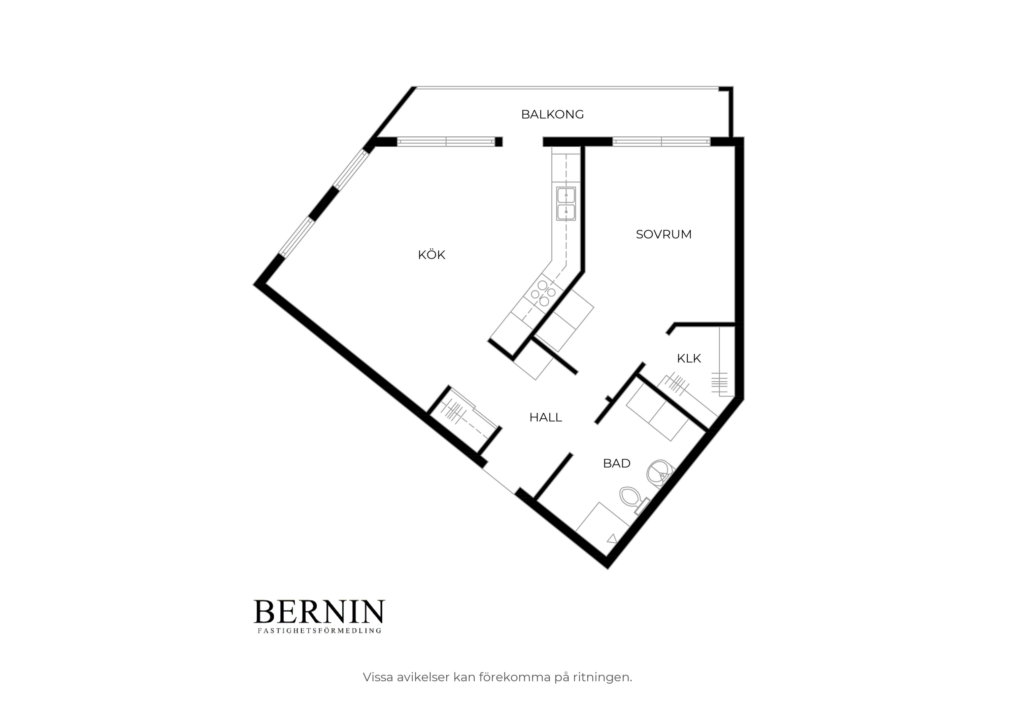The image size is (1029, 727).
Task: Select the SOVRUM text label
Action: point(663,234)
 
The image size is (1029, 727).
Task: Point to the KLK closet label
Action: point(689,358)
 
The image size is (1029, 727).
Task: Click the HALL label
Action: point(545,417)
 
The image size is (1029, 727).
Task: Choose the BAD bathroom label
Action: point(617,463)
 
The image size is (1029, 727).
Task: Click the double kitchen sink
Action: point(566,204)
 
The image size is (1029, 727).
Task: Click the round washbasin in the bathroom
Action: point(660,473)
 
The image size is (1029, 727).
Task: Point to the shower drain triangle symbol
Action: point(612,539)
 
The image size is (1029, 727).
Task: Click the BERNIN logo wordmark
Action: point(319,612)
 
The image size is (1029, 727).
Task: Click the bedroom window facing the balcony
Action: point(661,142)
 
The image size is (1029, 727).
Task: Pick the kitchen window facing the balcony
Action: point(446,142)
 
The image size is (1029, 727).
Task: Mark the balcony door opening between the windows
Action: point(522,142)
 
